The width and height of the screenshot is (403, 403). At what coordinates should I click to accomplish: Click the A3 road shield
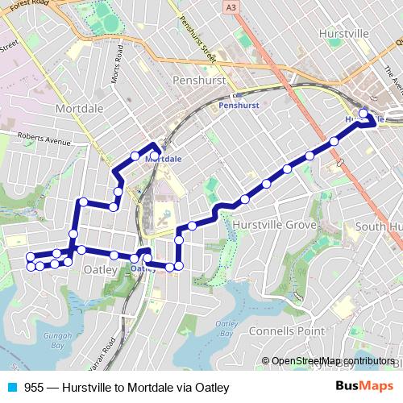pos(232,7)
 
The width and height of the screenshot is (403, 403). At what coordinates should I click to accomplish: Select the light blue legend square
pos(14,387)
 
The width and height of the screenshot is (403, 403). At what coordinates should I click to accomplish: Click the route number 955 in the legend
pos(33,387)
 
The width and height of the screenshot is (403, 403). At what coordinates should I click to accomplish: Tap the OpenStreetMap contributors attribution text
pos(333,361)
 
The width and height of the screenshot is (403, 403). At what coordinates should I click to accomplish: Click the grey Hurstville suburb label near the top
pos(345,35)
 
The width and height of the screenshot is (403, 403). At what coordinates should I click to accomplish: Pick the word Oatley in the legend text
pos(202,387)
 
